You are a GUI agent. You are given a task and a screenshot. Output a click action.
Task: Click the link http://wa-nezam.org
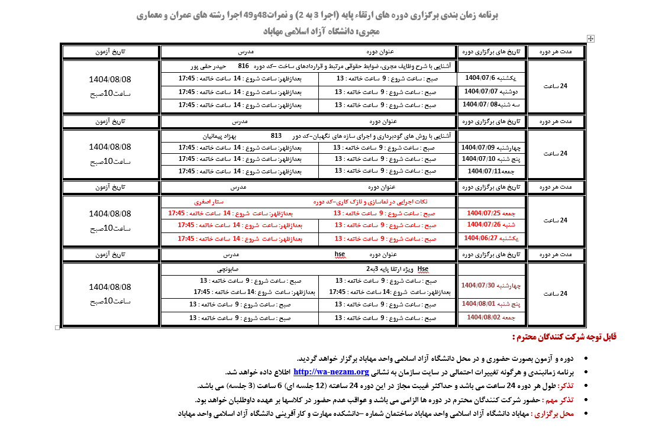tap(331, 372)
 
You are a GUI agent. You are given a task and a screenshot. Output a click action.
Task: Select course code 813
tap(276, 135)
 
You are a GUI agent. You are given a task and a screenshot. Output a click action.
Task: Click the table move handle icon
tap(590, 38)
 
